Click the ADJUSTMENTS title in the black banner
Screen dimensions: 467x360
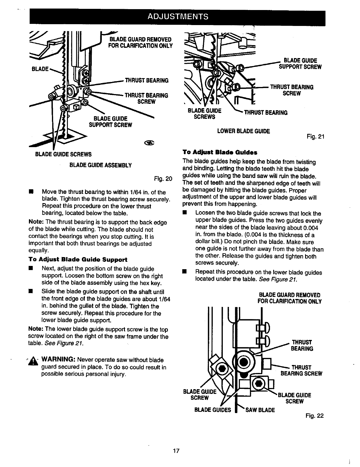[x=178, y=16]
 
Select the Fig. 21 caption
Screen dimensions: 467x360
[x=315, y=137]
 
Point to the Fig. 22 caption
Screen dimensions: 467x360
[x=315, y=416]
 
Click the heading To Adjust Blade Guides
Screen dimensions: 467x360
[x=220, y=152]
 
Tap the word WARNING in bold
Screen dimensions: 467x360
[x=59, y=360]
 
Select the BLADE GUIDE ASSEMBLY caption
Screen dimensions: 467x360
[x=100, y=165]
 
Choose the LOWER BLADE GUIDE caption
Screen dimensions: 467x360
[x=243, y=131]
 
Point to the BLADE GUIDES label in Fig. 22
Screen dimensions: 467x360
[x=213, y=410]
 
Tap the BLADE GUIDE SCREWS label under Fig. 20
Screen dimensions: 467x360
[x=63, y=154]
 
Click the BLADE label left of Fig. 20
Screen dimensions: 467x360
[x=40, y=69]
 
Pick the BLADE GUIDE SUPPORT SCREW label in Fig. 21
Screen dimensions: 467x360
[x=300, y=64]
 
